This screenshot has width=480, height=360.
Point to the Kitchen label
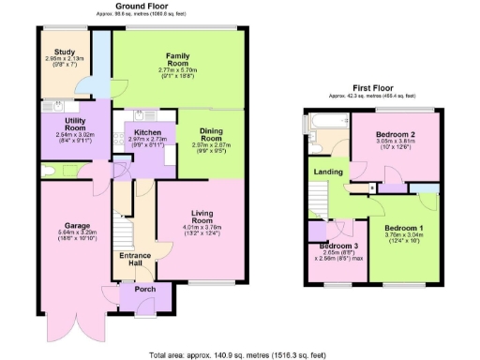click(x=146, y=133)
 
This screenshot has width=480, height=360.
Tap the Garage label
click(x=76, y=226)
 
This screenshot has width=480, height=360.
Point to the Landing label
click(x=328, y=172)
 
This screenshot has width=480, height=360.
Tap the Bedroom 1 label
click(x=406, y=228)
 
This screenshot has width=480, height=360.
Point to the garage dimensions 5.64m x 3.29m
click(x=76, y=234)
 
